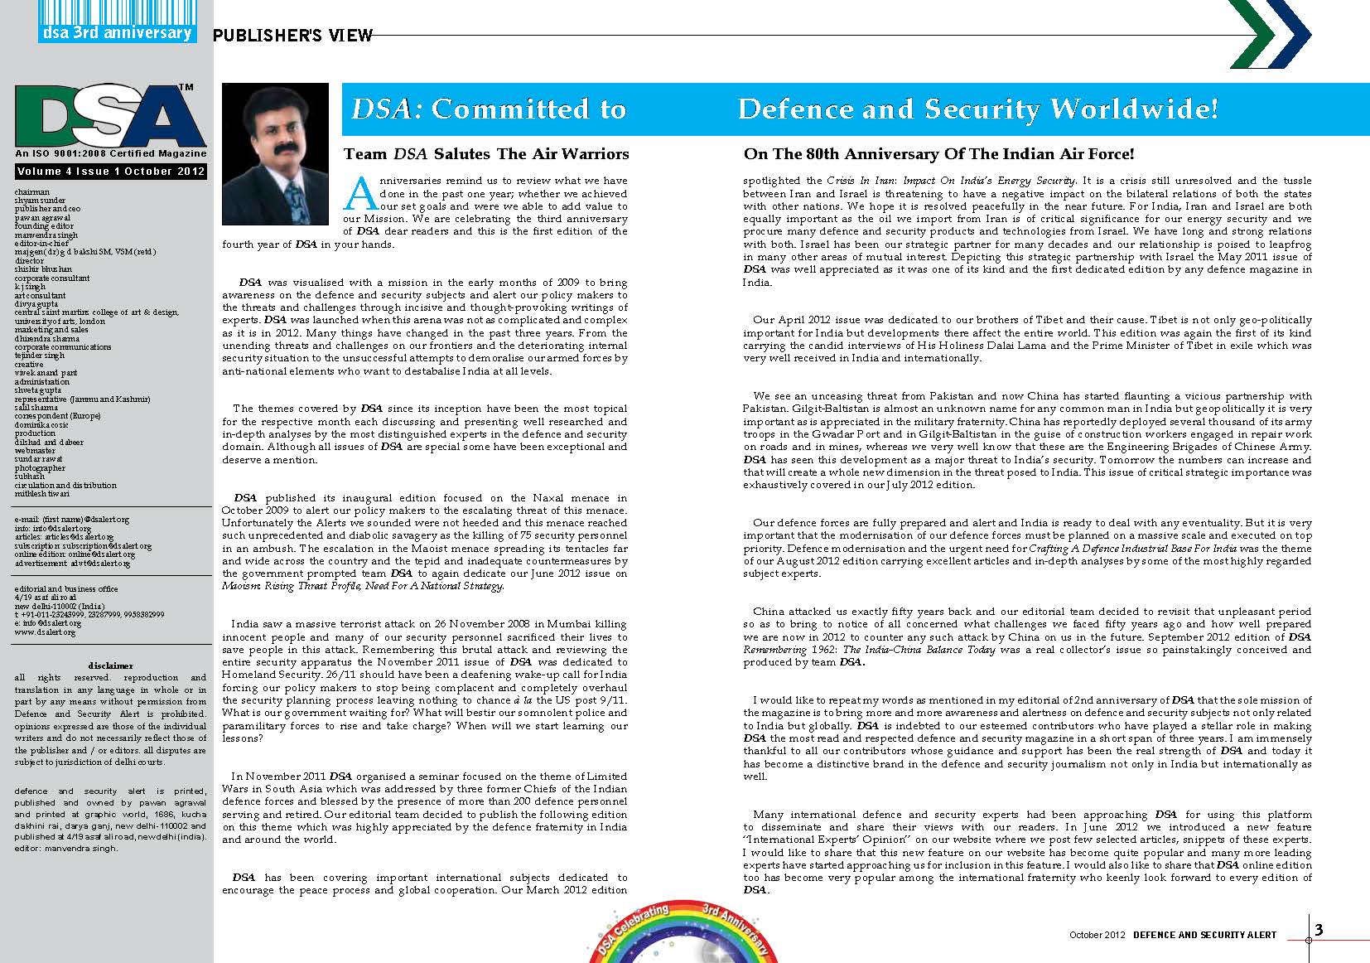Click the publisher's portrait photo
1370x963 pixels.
(276, 155)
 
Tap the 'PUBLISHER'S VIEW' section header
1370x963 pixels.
(292, 35)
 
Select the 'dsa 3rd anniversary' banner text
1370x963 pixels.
(117, 32)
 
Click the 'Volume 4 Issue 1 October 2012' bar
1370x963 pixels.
(111, 172)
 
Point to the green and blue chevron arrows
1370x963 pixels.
(1270, 34)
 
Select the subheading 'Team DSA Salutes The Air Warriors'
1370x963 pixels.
(486, 153)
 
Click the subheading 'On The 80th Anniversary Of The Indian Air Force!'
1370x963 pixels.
(938, 153)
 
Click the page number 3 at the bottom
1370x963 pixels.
(1319, 930)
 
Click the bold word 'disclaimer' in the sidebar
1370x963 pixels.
(110, 665)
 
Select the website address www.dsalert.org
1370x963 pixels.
(45, 632)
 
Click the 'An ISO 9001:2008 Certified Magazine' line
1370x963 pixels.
(111, 153)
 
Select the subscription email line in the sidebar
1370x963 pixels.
(83, 546)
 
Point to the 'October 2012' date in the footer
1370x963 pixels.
(1097, 935)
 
